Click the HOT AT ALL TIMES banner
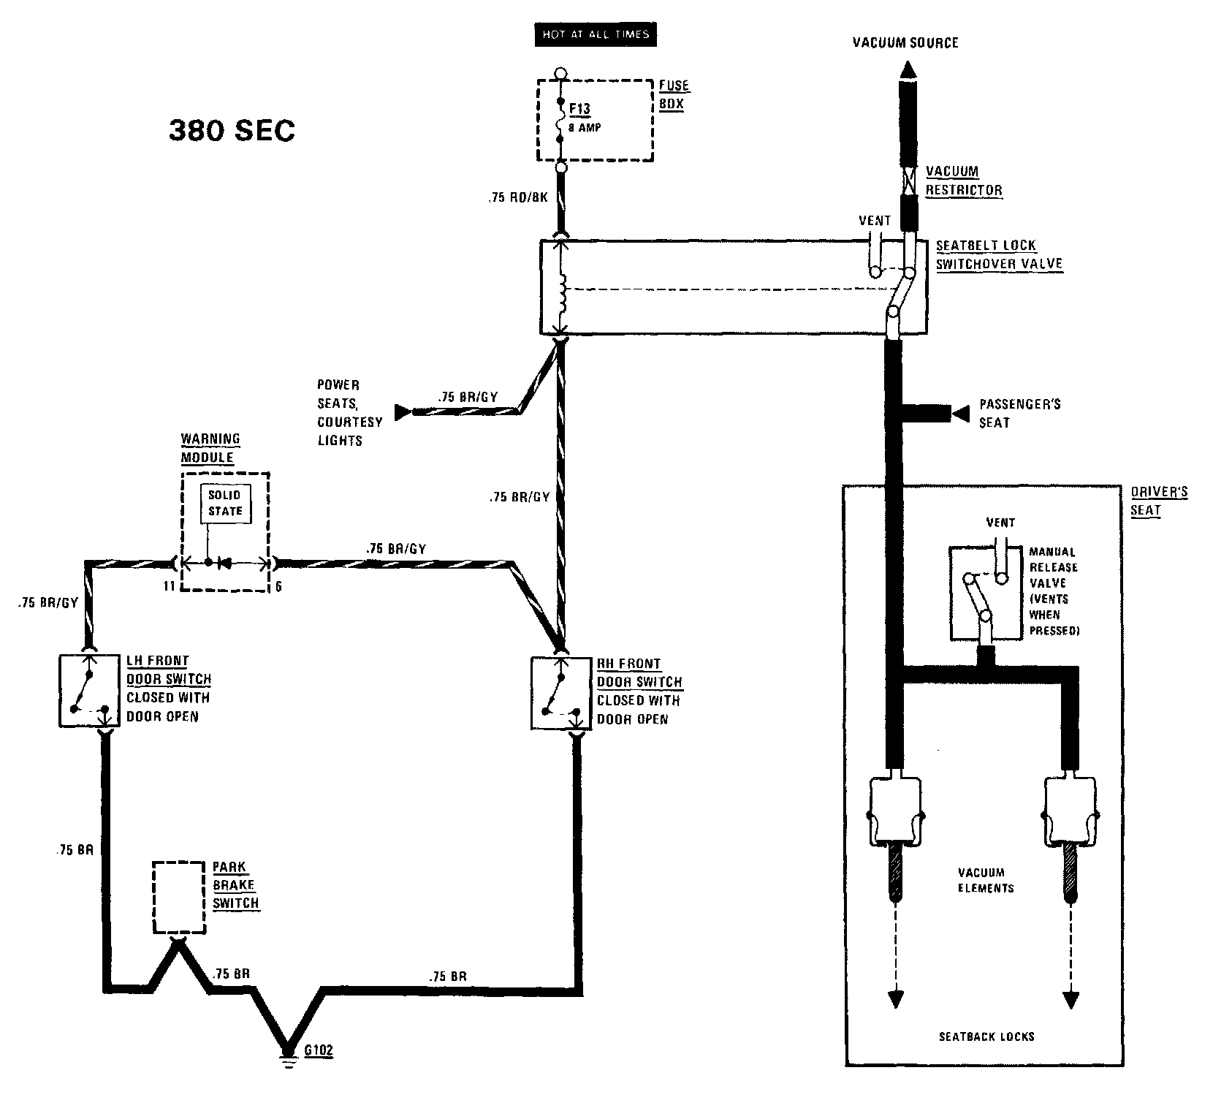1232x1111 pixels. [x=596, y=34]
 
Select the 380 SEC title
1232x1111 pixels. [x=232, y=131]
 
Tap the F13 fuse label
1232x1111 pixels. [x=579, y=110]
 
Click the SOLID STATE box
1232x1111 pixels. [x=225, y=503]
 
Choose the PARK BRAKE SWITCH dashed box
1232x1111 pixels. [x=178, y=897]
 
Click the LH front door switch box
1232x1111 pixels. [x=89, y=690]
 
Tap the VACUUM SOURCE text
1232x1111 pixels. [x=905, y=42]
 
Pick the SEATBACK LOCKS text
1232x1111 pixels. [x=986, y=1036]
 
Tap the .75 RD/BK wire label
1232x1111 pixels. [x=518, y=197]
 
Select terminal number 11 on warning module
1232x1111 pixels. [x=169, y=585]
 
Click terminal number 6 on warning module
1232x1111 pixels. [x=278, y=585]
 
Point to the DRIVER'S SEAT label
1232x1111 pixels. [x=1158, y=501]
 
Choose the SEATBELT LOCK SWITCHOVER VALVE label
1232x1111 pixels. [x=998, y=254]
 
